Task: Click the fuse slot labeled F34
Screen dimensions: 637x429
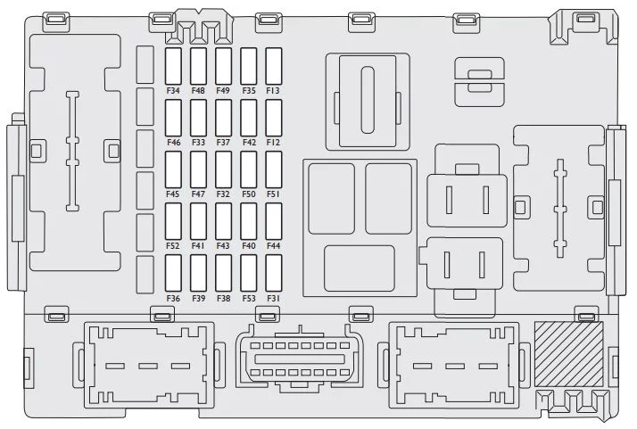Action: pos(173,66)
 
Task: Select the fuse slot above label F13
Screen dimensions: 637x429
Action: pos(273,66)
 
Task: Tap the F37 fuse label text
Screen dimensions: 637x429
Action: pos(223,143)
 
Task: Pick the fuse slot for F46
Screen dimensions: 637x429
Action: pos(173,118)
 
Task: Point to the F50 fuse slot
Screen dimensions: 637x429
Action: pos(248,169)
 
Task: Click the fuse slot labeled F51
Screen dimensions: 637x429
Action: pos(273,169)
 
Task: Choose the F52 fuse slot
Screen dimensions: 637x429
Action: pos(173,221)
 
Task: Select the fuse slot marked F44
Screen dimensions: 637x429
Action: pos(273,221)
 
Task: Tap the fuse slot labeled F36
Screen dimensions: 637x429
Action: pos(173,274)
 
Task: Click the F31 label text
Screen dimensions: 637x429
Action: pos(273,299)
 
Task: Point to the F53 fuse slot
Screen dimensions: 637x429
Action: pos(248,274)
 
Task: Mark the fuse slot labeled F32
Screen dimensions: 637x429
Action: pos(223,169)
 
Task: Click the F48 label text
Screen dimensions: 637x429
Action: pos(198,91)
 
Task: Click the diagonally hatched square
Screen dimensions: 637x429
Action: pos(568,354)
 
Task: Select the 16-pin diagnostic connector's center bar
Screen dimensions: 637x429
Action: pos(300,359)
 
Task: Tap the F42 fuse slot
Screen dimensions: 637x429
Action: pos(248,118)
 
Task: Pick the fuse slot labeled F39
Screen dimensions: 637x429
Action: pos(198,274)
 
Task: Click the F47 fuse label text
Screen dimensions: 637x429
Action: pos(198,194)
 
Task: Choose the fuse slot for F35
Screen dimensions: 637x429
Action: pos(248,66)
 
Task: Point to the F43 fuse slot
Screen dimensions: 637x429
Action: pos(223,221)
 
